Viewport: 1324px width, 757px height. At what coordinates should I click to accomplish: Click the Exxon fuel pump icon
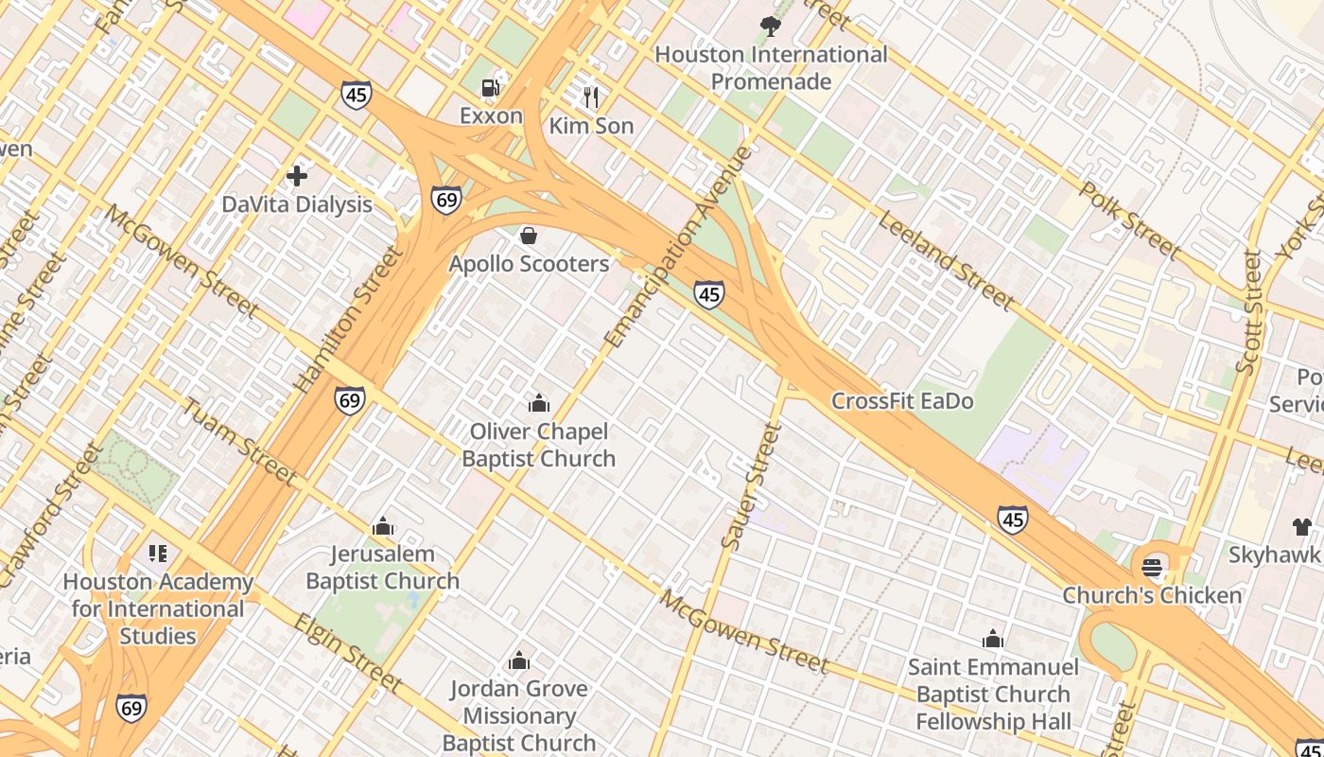[x=490, y=88]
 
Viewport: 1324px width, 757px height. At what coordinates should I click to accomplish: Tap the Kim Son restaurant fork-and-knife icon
[x=591, y=97]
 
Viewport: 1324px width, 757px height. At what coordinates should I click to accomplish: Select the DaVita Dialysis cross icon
[x=297, y=176]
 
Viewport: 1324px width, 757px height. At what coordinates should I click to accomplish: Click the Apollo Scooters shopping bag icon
[x=529, y=235]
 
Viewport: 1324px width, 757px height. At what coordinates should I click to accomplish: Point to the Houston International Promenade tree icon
[x=771, y=26]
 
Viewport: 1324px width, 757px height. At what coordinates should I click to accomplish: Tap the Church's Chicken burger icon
[x=1151, y=568]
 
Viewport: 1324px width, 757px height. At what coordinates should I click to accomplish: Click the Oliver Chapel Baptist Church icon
[x=539, y=404]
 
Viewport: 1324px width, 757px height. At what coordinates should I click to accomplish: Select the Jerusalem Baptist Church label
[x=382, y=568]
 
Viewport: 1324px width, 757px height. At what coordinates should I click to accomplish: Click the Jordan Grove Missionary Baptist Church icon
[x=518, y=660]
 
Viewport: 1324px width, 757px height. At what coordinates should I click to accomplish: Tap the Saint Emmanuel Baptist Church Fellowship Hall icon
[x=993, y=639]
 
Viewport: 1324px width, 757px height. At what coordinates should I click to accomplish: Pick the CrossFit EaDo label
[x=902, y=401]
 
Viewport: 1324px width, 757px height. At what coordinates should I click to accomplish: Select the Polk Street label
[x=1129, y=220]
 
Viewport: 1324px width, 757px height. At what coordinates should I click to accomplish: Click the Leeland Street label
[x=945, y=260]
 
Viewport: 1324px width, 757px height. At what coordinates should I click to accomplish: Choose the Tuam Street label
[x=237, y=441]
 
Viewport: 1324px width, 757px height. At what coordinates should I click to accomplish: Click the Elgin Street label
[x=348, y=652]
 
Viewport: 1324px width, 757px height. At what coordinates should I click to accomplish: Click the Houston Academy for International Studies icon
[x=158, y=553]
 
